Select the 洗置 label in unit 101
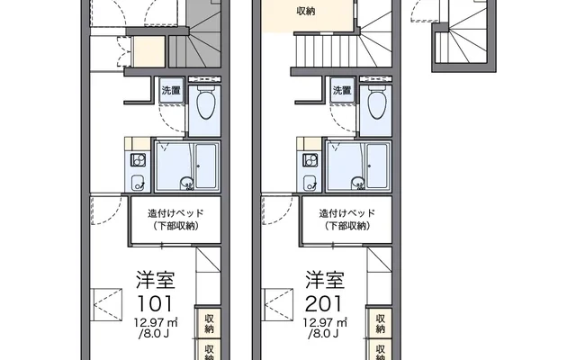click(x=171, y=90)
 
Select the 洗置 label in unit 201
click(x=342, y=90)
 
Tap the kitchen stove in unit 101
click(x=139, y=161)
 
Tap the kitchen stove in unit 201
click(x=310, y=161)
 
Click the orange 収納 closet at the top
click(x=306, y=12)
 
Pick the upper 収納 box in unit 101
click(x=209, y=320)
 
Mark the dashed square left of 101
click(x=107, y=300)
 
